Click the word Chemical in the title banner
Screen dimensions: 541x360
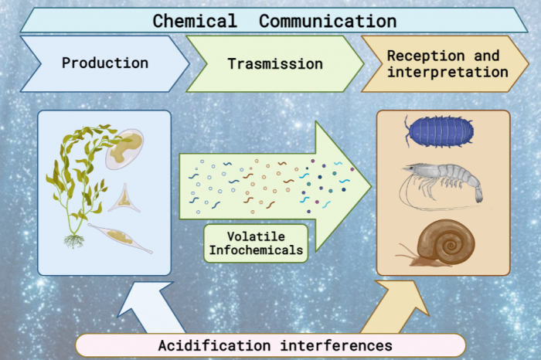click(195, 21)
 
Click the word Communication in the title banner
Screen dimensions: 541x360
click(328, 21)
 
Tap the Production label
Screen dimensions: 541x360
click(105, 63)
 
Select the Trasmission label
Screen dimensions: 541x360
click(275, 64)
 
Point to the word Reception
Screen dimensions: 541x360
click(426, 56)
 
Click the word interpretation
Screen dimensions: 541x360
click(447, 72)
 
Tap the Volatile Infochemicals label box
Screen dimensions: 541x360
click(256, 243)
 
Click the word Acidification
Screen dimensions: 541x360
click(214, 345)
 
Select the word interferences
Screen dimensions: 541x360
click(336, 345)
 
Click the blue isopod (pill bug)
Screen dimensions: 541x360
click(438, 131)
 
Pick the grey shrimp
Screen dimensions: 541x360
click(441, 185)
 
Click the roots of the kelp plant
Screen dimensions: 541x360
click(74, 241)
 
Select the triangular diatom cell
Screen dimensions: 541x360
click(124, 199)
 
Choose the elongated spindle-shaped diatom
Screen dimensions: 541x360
click(120, 238)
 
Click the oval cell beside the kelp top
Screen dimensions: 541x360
click(125, 149)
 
